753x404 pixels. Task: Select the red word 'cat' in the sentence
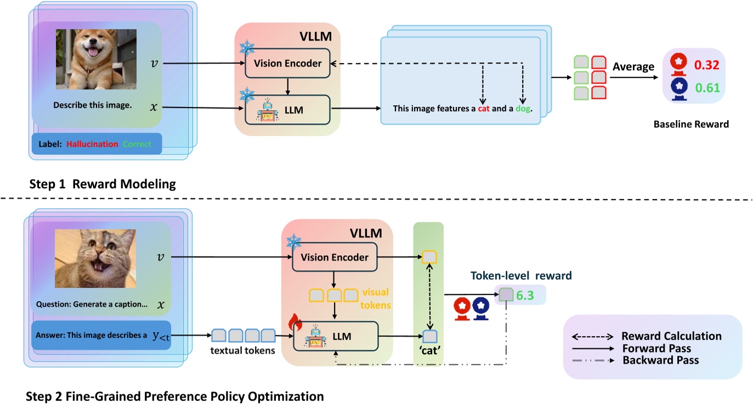click(483, 109)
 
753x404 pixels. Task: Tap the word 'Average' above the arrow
click(633, 67)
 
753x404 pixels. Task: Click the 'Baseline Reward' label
click(691, 124)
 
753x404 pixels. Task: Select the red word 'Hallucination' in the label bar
click(92, 144)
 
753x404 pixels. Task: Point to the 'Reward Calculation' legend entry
click(671, 336)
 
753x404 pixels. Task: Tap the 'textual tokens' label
click(242, 351)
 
